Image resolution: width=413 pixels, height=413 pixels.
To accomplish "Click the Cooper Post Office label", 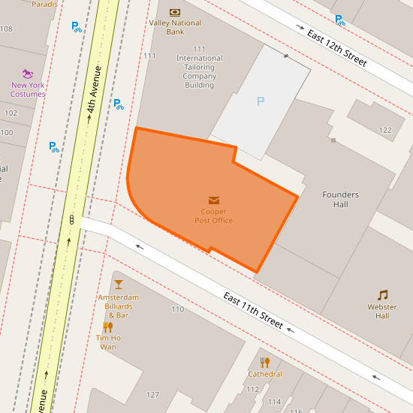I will (213, 216).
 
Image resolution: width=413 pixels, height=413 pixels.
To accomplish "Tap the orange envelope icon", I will (214, 200).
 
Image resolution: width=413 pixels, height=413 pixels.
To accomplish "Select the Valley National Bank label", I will (175, 28).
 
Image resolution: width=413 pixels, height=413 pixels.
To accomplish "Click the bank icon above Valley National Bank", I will (175, 12).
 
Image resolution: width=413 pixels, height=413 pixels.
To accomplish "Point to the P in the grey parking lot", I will (261, 101).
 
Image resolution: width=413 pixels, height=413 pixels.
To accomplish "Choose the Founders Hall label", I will (340, 200).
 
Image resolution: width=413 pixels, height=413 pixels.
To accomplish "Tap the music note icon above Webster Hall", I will (383, 295).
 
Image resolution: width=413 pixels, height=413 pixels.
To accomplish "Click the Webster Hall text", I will (382, 311).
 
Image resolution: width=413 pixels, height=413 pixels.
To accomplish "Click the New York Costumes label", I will (28, 89).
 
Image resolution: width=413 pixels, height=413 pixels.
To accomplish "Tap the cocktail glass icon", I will (119, 285).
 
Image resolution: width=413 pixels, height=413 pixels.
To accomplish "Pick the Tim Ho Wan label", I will (108, 342).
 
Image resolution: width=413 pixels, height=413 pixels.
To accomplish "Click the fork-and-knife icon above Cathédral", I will (265, 363).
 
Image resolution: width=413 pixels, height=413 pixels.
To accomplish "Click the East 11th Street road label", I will (253, 310).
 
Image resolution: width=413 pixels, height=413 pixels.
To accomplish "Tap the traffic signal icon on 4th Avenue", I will (71, 220).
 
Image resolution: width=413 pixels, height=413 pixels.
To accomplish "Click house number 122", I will (385, 130).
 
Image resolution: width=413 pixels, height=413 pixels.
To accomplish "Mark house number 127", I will (152, 395).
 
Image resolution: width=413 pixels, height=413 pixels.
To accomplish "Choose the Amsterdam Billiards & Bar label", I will (119, 301).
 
